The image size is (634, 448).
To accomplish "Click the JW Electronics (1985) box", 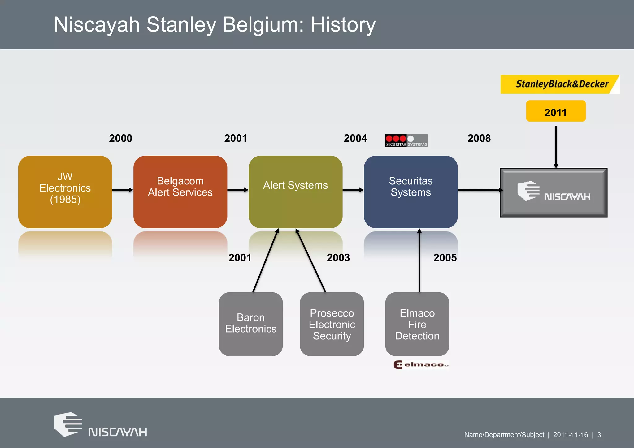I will point(65,192).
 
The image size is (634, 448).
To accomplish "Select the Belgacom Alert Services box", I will point(180,192).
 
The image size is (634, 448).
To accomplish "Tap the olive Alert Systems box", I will point(295,192).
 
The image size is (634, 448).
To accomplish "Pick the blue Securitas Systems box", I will point(410,192).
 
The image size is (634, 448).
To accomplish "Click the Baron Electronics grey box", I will point(250,324).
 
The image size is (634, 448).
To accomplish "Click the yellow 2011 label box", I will point(556,111).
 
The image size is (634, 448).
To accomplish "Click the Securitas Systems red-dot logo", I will point(406,141).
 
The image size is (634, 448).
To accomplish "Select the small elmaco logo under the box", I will point(421,365).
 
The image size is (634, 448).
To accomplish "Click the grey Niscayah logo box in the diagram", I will point(554,192).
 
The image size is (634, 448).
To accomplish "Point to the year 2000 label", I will point(120,138).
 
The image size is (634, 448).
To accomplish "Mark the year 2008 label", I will point(479,138).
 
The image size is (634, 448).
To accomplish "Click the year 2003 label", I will point(338,258).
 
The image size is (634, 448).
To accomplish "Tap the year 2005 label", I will point(445,258).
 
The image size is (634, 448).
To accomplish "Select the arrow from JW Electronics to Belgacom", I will point(123,190).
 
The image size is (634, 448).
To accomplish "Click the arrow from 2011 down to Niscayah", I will point(556,145).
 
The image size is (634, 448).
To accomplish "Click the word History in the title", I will point(343,25).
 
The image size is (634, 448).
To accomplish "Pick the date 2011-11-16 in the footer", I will point(570,435).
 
